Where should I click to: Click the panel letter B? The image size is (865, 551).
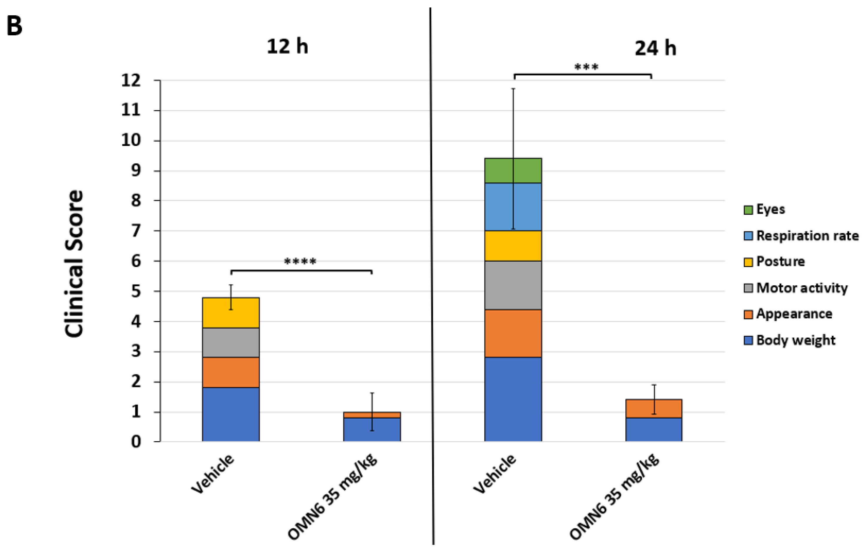tap(14, 26)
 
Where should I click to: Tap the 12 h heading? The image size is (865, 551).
tap(287, 47)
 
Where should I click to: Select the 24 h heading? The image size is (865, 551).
tap(655, 48)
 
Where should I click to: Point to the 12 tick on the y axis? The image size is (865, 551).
tap(131, 80)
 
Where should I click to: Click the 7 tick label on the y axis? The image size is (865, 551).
tap(136, 231)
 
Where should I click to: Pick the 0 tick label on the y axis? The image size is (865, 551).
tap(136, 442)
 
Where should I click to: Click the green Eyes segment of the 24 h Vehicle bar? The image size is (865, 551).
tap(503, 171)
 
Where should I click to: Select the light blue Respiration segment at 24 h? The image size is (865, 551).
tap(503, 207)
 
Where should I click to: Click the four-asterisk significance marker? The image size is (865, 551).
tap(300, 261)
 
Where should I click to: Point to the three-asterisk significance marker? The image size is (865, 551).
tap(586, 67)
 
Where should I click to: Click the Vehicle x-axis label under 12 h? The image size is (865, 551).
tap(213, 474)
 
